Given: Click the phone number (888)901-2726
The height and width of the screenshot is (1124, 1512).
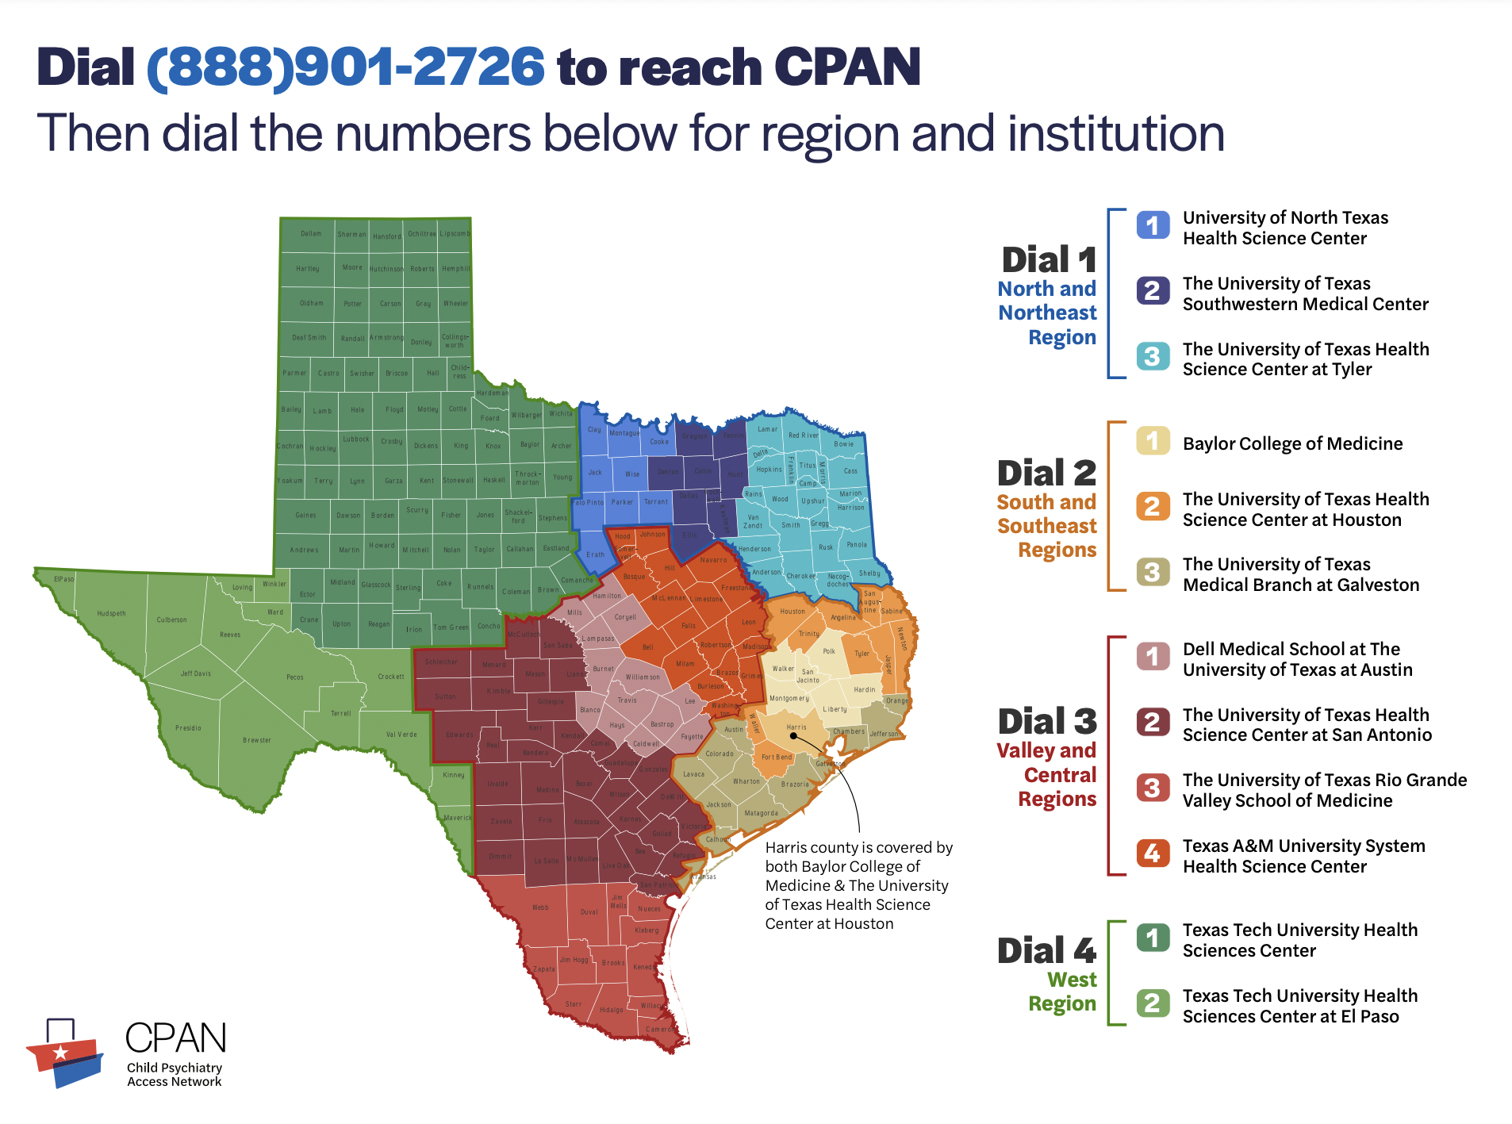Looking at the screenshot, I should [346, 67].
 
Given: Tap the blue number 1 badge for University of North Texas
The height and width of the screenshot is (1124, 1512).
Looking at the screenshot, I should [1152, 225].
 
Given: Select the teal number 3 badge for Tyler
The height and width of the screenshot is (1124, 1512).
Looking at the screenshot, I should [1152, 356].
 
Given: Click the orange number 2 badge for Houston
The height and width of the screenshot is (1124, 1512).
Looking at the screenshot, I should [1152, 506].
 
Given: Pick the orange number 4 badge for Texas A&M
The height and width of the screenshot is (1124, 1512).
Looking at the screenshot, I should [1152, 853].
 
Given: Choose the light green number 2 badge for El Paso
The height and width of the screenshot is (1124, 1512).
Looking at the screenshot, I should [1152, 1003].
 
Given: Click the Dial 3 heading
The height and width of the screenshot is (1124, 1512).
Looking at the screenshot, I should [1047, 722].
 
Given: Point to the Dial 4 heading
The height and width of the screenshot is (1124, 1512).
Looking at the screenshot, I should [1047, 951].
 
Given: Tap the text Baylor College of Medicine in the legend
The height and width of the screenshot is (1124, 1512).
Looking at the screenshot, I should [1292, 443].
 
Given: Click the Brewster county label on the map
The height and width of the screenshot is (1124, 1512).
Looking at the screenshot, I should [257, 740].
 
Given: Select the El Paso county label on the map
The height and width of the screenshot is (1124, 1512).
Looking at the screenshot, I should [64, 579].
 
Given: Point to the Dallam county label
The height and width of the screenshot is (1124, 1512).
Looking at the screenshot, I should [311, 234].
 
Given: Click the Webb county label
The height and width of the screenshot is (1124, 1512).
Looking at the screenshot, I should [540, 907].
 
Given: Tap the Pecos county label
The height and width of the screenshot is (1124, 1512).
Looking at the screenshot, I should [295, 677].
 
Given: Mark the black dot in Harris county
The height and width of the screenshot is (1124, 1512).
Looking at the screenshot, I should [792, 735].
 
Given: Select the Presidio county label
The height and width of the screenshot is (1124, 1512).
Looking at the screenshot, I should [188, 728].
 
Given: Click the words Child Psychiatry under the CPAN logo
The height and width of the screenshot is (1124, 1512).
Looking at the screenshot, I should [175, 1068].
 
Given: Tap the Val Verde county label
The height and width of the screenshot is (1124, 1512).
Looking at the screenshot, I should [401, 735].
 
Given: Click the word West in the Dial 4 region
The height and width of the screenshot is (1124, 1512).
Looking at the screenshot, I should [1072, 980].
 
